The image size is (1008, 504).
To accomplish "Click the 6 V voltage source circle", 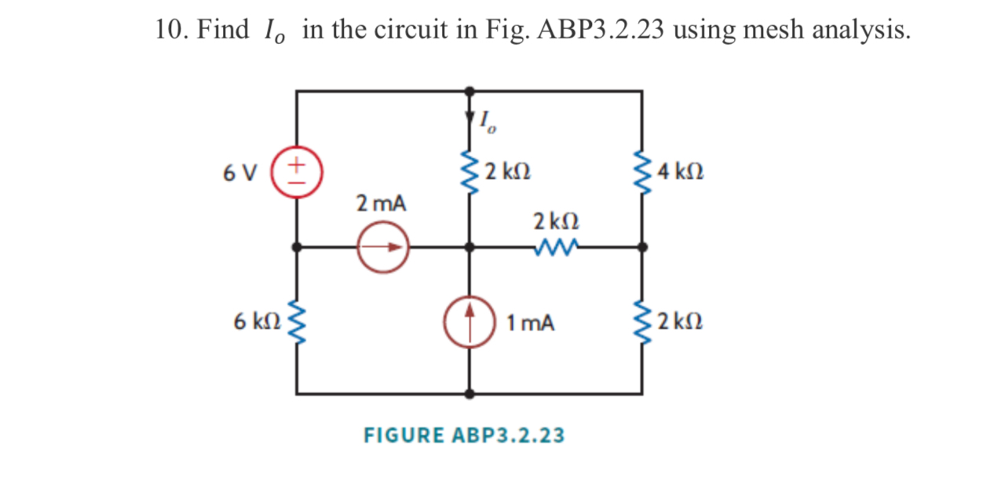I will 297,170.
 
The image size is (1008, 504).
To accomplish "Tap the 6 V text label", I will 239,171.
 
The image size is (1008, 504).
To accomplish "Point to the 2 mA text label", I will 382,204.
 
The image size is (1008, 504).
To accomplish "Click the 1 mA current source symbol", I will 469,322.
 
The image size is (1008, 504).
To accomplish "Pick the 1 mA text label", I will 531,323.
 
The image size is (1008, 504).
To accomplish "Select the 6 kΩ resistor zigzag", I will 297,322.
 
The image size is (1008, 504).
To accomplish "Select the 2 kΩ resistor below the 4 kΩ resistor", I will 642,322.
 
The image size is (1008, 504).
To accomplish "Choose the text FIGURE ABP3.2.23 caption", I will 464,435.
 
